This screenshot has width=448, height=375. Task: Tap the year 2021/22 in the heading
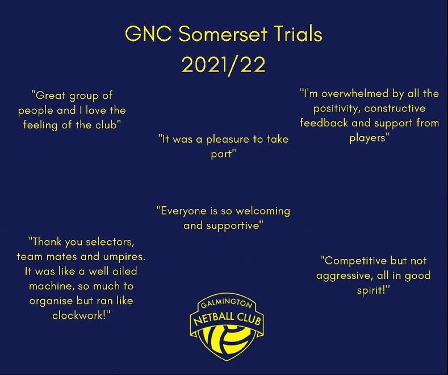click(224, 64)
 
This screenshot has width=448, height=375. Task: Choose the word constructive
click(397, 108)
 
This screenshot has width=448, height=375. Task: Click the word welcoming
click(262, 211)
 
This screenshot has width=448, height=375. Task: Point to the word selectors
click(106, 242)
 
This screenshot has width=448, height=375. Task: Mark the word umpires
click(124, 256)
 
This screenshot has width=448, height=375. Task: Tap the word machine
click(50, 286)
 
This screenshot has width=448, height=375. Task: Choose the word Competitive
click(355, 261)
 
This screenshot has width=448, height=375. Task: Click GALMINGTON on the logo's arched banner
click(226, 305)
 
